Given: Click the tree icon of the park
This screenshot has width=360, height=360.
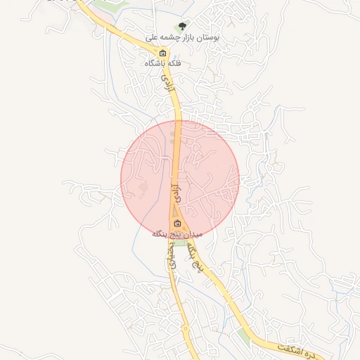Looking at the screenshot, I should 183,27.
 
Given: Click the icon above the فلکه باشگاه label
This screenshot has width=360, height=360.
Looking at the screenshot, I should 163,53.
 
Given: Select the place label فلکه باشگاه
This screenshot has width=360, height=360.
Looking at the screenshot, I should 163,63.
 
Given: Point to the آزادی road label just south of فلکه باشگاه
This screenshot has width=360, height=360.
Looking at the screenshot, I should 167,86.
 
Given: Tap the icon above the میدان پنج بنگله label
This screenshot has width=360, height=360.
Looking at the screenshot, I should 176,224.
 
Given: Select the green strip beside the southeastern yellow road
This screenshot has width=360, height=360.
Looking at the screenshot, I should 244,335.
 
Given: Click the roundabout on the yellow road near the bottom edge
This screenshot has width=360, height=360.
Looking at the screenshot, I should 184,328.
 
